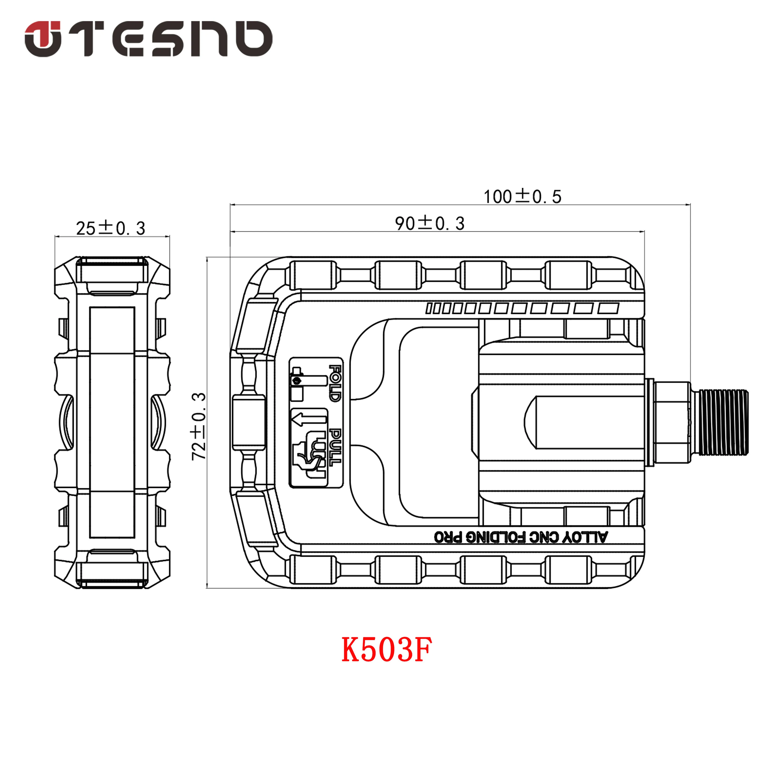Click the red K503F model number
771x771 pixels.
tap(386, 650)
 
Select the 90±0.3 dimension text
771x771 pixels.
tap(429, 224)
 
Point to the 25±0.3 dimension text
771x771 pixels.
tap(111, 228)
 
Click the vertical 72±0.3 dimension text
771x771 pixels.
tap(199, 426)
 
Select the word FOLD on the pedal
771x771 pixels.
tap(335, 383)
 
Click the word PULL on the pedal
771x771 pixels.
tap(335, 447)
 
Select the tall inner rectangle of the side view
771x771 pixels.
tap(112, 422)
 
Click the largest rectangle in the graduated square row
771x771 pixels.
tap(608, 308)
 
